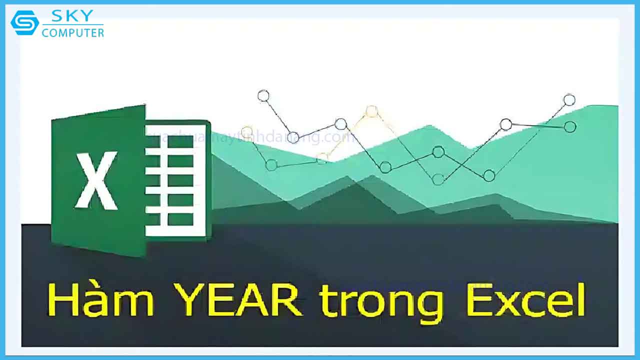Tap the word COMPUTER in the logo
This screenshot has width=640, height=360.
click(73, 33)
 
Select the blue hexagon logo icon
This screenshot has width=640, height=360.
click(24, 23)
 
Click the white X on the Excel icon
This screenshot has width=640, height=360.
click(96, 180)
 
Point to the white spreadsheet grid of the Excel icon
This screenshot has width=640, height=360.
click(175, 180)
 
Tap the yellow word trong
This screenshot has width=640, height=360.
click(381, 303)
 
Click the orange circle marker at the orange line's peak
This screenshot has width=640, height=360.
click(371, 111)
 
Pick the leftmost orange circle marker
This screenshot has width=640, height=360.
click(246, 132)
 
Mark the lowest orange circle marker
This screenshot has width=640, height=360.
click(322, 158)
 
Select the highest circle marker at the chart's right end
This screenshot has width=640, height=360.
click(569, 100)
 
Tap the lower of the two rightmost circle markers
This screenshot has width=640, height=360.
click(569, 127)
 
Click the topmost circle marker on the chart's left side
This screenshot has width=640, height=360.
click(263, 95)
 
